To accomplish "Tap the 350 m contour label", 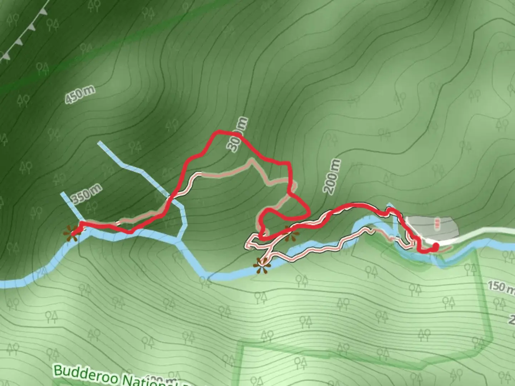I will tap(86, 194).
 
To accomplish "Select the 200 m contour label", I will tap(332, 177).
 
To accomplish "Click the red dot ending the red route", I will tap(436, 247).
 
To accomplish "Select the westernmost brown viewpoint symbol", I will tap(71, 233).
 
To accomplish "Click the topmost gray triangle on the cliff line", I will tap(43, 11).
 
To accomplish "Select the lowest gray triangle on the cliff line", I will tap(6, 56).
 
